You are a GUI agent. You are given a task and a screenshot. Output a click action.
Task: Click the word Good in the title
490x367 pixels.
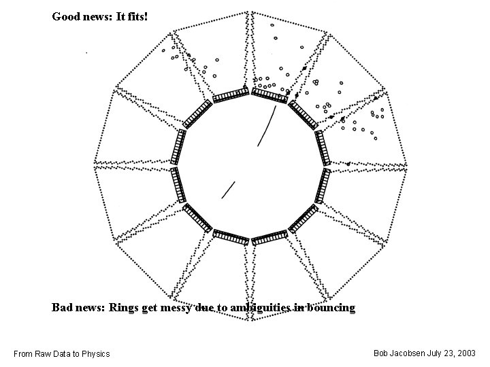click(x=65, y=16)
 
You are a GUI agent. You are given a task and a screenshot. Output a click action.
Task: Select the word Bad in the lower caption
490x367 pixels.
click(x=63, y=308)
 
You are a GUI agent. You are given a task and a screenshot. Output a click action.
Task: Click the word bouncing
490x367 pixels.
click(x=331, y=308)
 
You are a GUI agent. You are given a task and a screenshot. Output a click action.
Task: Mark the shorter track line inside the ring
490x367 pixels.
click(x=229, y=188)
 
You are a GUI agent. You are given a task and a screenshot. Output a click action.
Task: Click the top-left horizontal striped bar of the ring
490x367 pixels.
click(x=231, y=95)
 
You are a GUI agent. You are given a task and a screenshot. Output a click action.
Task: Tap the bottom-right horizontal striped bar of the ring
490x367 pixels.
click(x=269, y=237)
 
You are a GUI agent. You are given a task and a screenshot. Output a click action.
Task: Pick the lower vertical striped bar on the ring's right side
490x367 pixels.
click(x=325, y=185)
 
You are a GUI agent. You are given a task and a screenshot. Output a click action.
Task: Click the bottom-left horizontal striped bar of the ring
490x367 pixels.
click(x=231, y=237)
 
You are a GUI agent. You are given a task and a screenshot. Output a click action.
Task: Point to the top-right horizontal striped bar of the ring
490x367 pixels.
click(x=269, y=95)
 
